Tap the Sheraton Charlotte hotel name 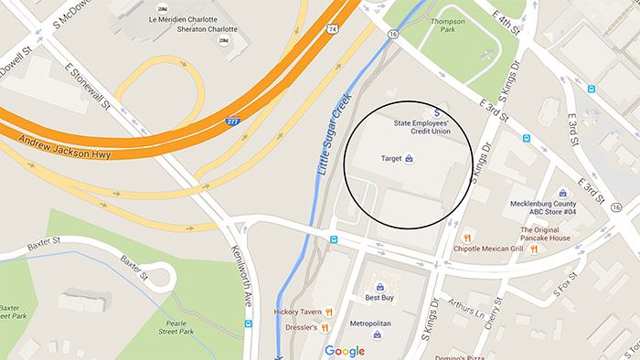pos(208,29)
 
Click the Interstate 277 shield pos(235,120)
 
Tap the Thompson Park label pos(447,26)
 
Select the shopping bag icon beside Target pos(410,159)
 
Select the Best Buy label pos(379,297)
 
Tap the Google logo pos(344,351)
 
